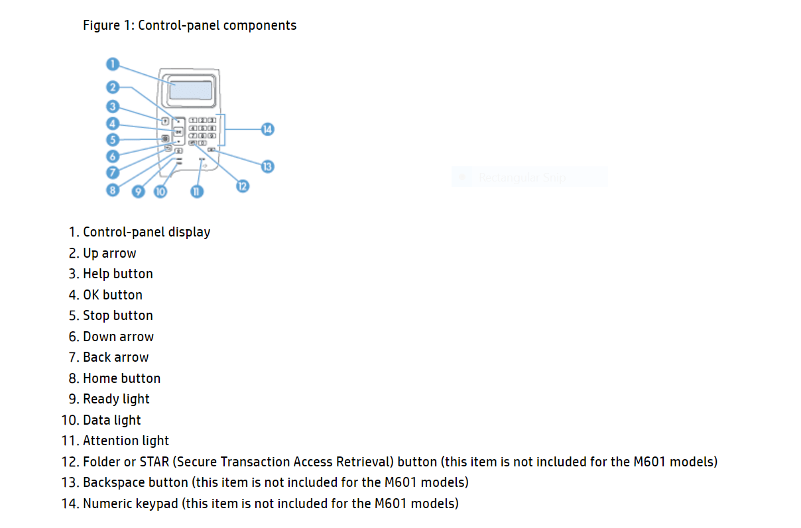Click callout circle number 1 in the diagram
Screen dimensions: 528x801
(x=113, y=64)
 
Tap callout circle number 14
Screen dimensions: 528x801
(x=267, y=129)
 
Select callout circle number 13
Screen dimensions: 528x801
(x=267, y=166)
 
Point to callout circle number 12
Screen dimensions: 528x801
(x=242, y=185)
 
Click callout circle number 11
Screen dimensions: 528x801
(x=196, y=191)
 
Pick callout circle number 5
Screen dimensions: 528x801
(x=113, y=140)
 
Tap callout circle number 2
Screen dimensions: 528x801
(x=113, y=87)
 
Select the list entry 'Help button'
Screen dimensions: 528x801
(x=117, y=274)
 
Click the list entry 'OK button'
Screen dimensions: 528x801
(x=112, y=295)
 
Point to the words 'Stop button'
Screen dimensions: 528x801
(x=117, y=315)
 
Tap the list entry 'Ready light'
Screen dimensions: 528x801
(x=116, y=399)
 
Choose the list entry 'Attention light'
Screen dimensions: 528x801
(x=125, y=441)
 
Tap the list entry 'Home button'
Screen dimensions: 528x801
(x=121, y=378)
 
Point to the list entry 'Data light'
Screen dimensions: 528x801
(x=111, y=420)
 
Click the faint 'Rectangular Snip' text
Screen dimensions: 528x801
(x=522, y=178)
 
